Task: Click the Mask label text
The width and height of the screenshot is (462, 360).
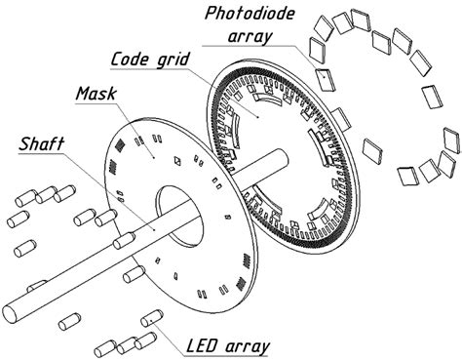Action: click(x=96, y=96)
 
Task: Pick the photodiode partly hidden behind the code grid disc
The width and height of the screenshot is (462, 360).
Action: click(x=341, y=118)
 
